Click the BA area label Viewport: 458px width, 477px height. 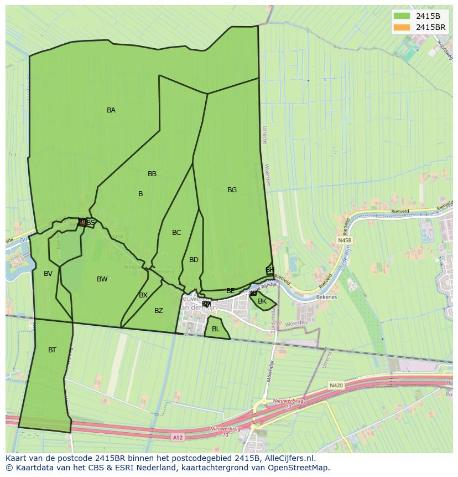(x=111, y=110)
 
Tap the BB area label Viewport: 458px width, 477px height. (x=152, y=174)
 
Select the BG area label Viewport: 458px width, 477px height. (x=232, y=190)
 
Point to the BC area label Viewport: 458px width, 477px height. (x=176, y=233)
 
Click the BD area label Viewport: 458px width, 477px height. (x=194, y=260)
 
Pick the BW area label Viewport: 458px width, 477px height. (x=102, y=279)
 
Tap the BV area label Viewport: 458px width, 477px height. (x=48, y=274)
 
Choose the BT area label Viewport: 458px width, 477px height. (x=52, y=350)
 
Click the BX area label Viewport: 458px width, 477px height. (x=143, y=295)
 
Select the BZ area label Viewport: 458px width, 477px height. (x=159, y=311)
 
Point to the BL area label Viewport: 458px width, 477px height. (x=216, y=329)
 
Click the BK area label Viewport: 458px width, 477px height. (x=262, y=301)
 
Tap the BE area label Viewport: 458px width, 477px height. (x=231, y=291)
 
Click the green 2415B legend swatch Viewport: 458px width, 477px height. (x=402, y=16)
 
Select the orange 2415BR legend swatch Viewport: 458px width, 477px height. (x=402, y=27)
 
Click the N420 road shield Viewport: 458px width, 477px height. (x=336, y=385)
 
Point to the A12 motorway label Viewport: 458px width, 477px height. (x=177, y=438)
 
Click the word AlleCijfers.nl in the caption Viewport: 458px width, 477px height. (x=288, y=459)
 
